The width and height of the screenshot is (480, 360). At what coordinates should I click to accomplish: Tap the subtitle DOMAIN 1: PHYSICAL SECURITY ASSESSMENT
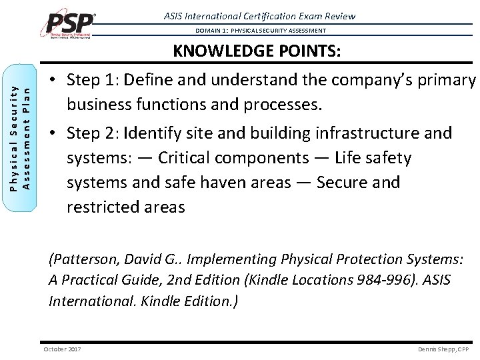261,31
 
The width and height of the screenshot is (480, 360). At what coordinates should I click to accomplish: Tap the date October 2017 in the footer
61,349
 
